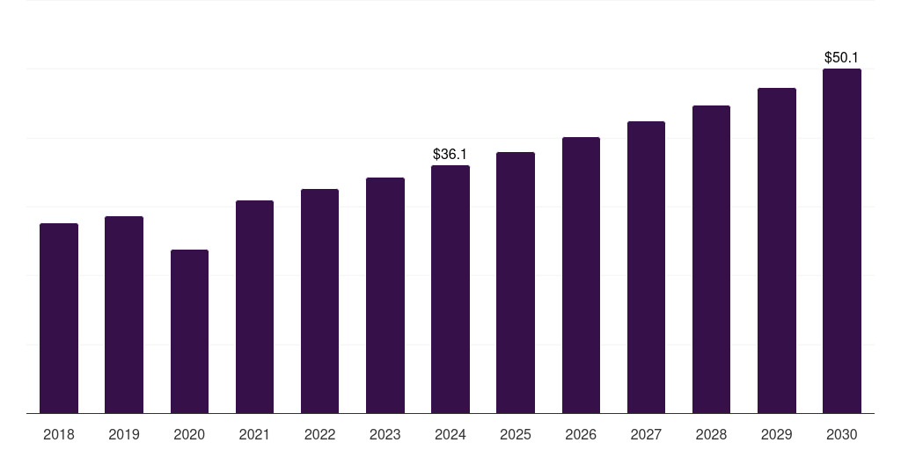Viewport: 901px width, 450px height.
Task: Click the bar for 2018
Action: pyautogui.click(x=59, y=318)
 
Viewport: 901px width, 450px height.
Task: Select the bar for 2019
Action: pyautogui.click(x=124, y=315)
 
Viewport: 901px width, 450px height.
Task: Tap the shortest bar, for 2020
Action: pyautogui.click(x=189, y=331)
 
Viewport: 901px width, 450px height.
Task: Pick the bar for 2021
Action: pyautogui.click(x=254, y=307)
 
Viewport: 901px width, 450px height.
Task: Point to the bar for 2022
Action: pyautogui.click(x=319, y=301)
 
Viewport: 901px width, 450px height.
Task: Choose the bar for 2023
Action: pyautogui.click(x=385, y=295)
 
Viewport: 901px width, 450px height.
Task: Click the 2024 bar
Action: pyautogui.click(x=450, y=289)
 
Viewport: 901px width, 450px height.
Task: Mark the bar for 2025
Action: pyautogui.click(x=516, y=282)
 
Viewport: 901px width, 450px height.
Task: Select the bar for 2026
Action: pyautogui.click(x=581, y=275)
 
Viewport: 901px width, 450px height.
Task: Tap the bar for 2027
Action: pyautogui.click(x=646, y=267)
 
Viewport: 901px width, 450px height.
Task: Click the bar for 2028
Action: pyautogui.click(x=711, y=259)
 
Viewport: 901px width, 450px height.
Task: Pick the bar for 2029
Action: pyautogui.click(x=777, y=250)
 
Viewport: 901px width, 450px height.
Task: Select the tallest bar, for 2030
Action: pyautogui.click(x=842, y=241)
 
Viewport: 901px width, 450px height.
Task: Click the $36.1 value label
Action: pyautogui.click(x=450, y=155)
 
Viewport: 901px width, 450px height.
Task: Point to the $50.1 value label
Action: pyautogui.click(x=842, y=58)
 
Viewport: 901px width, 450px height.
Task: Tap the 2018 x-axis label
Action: pyautogui.click(x=59, y=434)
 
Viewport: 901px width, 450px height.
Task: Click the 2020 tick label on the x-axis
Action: pyautogui.click(x=189, y=434)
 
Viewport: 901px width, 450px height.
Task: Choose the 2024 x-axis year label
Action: pyautogui.click(x=450, y=434)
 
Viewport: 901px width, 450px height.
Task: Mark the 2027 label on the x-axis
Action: pyautogui.click(x=646, y=434)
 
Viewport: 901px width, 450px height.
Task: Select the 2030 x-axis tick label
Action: pyautogui.click(x=842, y=434)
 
